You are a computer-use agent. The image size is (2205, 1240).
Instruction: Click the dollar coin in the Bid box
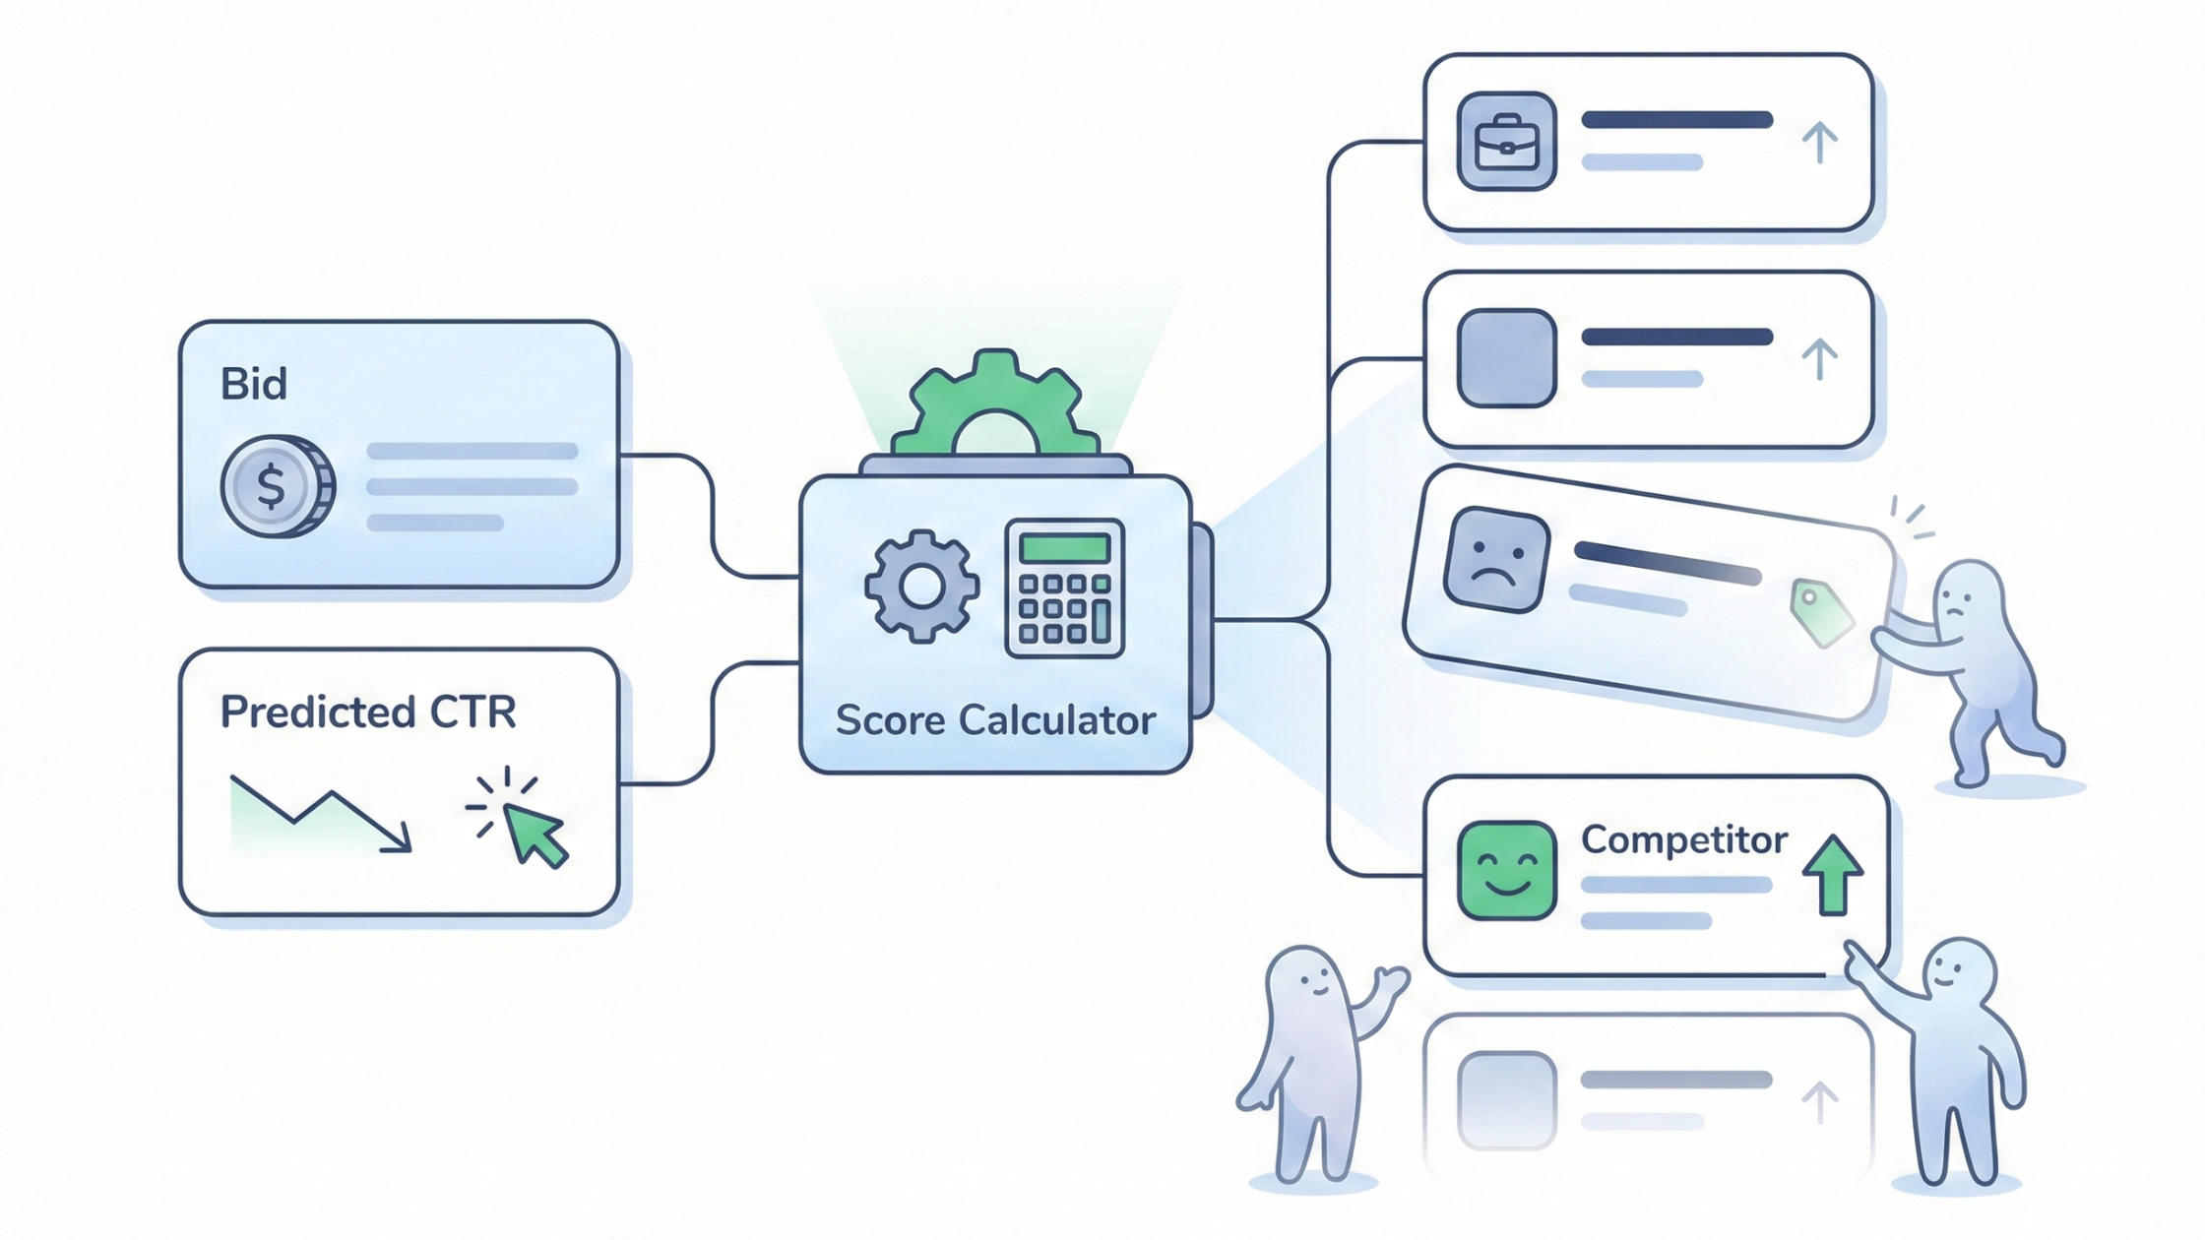coord(277,487)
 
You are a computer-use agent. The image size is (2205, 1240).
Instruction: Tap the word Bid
coord(254,384)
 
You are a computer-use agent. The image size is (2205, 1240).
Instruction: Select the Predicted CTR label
coord(367,712)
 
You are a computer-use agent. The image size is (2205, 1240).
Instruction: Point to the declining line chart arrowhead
coord(400,840)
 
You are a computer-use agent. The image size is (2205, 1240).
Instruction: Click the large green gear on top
coord(995,403)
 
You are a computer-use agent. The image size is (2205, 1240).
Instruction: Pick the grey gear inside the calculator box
coord(921,587)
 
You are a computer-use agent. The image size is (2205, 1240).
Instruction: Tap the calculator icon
coord(1064,589)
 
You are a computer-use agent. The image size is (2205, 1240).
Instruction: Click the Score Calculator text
coord(995,720)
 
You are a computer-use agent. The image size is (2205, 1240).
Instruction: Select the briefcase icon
coord(1506,142)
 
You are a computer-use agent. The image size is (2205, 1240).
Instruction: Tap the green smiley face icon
coord(1506,871)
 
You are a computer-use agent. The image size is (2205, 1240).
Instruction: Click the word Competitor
coord(1683,839)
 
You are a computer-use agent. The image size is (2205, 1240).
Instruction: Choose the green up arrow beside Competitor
coord(1832,874)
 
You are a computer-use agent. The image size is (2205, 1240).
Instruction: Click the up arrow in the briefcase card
coord(1820,143)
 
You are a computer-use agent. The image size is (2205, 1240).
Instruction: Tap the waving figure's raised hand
coord(1392,981)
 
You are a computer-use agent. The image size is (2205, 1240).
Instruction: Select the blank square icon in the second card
coord(1506,358)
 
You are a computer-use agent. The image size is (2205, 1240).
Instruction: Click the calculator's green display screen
coord(1064,548)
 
